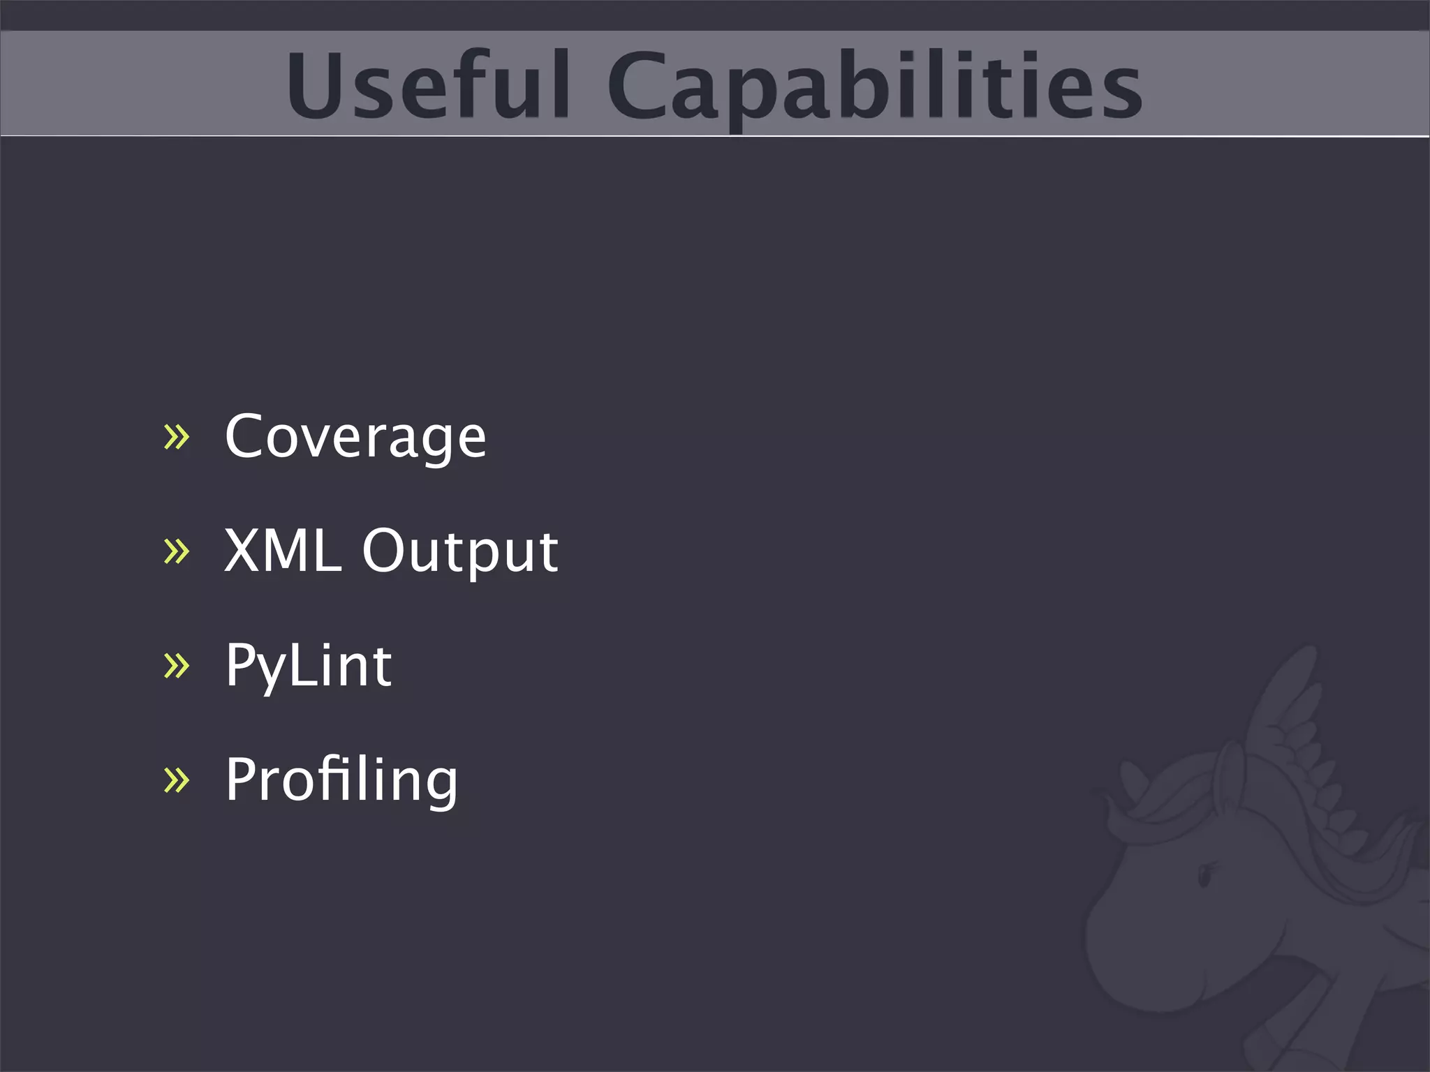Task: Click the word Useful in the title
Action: point(427,85)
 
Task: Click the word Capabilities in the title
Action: point(874,85)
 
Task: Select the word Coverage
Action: point(355,437)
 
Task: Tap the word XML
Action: point(283,551)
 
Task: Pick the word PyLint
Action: point(308,666)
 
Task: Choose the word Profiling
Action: point(341,780)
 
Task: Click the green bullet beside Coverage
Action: point(176,438)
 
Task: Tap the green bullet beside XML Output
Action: point(176,551)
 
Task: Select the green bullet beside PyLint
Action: point(176,666)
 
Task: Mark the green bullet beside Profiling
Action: point(176,780)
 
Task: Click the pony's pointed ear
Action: point(1135,782)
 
